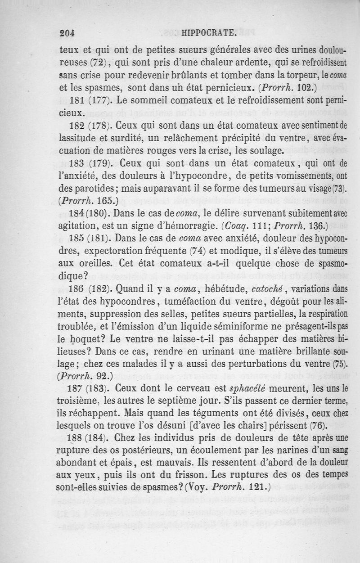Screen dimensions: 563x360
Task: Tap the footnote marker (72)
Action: click(98, 62)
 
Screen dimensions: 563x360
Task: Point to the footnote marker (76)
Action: click(315, 424)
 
